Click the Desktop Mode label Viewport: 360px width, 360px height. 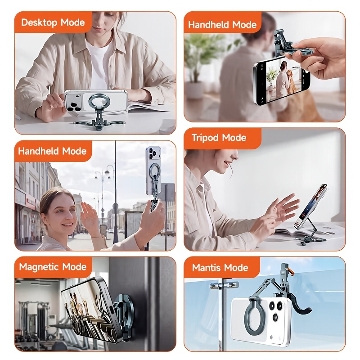point(53,22)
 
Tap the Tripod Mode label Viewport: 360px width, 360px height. point(219,138)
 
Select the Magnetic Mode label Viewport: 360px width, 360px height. point(53,267)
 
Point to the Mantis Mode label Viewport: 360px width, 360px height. point(220,267)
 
